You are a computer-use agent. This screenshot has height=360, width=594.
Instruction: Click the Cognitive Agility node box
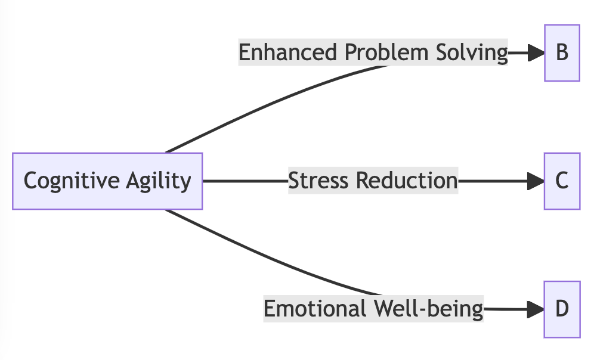107,181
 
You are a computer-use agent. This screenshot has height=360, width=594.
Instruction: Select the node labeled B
562,53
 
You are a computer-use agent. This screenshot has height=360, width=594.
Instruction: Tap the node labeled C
562,181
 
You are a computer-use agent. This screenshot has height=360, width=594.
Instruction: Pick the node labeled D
562,309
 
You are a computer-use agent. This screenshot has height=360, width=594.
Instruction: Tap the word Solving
471,53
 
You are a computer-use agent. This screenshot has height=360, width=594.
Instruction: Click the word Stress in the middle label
320,181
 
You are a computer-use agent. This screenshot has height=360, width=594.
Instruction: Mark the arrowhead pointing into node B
536,53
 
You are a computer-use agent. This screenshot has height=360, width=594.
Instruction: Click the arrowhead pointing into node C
536,181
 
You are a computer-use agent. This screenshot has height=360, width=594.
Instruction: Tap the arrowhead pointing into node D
536,309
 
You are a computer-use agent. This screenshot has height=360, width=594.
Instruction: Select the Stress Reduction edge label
373,181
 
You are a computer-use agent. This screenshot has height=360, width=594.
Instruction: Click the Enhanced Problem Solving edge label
373,53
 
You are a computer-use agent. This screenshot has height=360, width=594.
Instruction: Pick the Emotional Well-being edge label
373,309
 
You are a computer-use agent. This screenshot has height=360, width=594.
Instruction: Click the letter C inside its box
562,181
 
